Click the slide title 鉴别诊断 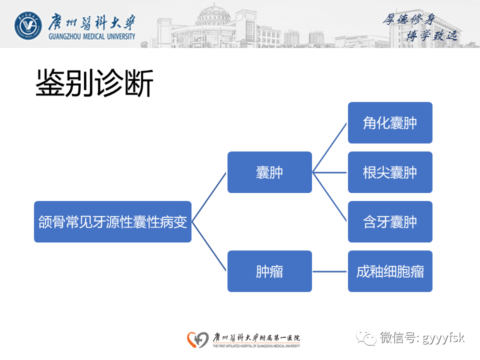click(94, 83)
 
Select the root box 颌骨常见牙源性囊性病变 click(112, 222)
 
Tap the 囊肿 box click(269, 172)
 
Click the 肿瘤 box click(269, 271)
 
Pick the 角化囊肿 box click(390, 123)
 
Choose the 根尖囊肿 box click(390, 172)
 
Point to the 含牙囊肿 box click(390, 222)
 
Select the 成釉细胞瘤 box click(390, 271)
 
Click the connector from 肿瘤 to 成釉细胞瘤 click(330, 271)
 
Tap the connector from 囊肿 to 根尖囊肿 click(330, 172)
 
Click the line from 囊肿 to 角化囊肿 click(330, 147)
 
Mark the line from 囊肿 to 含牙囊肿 click(330, 197)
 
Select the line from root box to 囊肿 click(209, 197)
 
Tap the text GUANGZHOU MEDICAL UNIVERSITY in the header click(92, 36)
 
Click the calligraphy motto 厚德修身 click(409, 19)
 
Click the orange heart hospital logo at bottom click(197, 339)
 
